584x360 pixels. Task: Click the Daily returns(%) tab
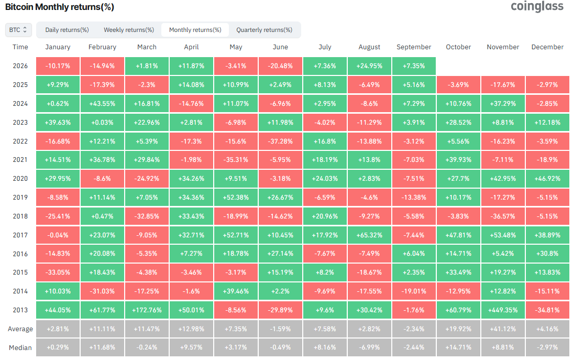(x=67, y=30)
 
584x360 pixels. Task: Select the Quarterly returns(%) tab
(x=264, y=30)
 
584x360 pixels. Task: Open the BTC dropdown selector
(x=18, y=30)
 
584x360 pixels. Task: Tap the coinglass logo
(x=537, y=6)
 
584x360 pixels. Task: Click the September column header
(x=414, y=47)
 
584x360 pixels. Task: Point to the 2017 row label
(x=20, y=235)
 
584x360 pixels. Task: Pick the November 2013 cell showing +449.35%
(x=503, y=310)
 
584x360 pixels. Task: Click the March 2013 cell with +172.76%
(x=147, y=310)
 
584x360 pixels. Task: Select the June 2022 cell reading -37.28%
(x=280, y=141)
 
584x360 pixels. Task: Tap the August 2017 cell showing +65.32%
(x=369, y=235)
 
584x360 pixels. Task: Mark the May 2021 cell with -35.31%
(x=236, y=159)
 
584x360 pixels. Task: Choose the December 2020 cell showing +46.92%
(x=547, y=179)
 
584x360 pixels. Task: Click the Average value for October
(x=458, y=329)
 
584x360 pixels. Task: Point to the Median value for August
(x=369, y=347)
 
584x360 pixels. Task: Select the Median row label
(x=20, y=348)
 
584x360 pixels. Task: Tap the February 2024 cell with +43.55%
(x=103, y=104)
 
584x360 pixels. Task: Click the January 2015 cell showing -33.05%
(x=58, y=272)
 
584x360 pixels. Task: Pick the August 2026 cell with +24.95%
(x=369, y=66)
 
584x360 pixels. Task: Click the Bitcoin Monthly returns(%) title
(x=60, y=7)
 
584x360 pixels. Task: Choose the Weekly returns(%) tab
(x=129, y=30)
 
